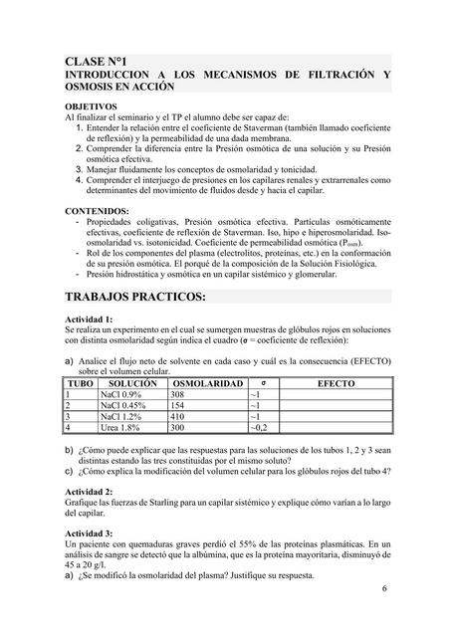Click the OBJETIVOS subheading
92,105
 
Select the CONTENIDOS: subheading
97,211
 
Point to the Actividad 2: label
93,492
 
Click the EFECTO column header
338,382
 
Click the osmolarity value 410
180,416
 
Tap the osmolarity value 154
180,405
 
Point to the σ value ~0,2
260,427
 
